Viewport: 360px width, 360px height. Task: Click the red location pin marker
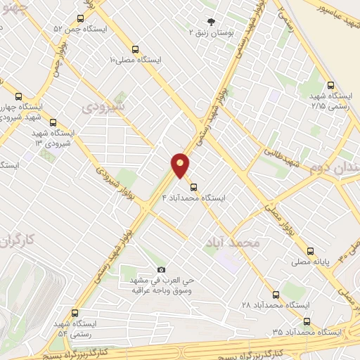tap(181, 165)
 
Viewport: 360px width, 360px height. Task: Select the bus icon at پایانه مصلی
tap(310, 250)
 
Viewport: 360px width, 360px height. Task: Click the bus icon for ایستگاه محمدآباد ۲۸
tap(276, 295)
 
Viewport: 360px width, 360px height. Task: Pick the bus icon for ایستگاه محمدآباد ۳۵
tap(306, 321)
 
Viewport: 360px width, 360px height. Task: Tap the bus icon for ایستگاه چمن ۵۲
tap(80, 18)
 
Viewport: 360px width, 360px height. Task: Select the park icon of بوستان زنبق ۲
tap(209, 22)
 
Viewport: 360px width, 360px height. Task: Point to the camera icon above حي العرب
tap(161, 269)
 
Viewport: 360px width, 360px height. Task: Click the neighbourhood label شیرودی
tap(103, 107)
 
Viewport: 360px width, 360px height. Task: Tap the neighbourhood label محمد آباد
tap(232, 243)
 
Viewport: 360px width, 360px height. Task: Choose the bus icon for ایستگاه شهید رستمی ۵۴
tap(75, 313)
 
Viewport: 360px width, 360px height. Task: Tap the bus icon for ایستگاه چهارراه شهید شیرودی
tap(19, 96)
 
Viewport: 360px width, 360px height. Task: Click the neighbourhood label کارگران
tap(18, 243)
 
